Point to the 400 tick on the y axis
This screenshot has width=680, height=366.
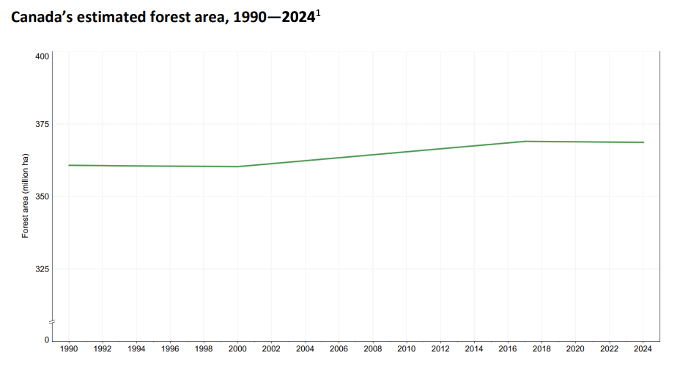tap(42, 56)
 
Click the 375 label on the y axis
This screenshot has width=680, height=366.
tap(42, 125)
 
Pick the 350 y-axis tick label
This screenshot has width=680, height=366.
tap(42, 197)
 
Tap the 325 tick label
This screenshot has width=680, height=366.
tap(42, 269)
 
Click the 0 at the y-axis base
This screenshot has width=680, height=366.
tap(46, 340)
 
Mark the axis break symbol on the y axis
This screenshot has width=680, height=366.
tap(52, 322)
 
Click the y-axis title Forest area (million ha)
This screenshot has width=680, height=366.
tap(25, 196)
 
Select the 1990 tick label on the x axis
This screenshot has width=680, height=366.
tap(69, 349)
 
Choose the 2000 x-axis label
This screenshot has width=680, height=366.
tap(237, 349)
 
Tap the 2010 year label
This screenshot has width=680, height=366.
tap(407, 349)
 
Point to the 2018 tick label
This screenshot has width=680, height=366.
tap(542, 349)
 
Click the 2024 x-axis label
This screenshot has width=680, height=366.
tap(643, 349)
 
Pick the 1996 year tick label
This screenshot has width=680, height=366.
tap(170, 349)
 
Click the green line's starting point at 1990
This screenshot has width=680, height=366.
tap(69, 165)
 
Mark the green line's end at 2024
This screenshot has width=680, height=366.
tap(643, 142)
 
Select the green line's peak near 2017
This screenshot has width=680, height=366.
tap(525, 141)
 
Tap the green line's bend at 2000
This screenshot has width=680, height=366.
tap(237, 166)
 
